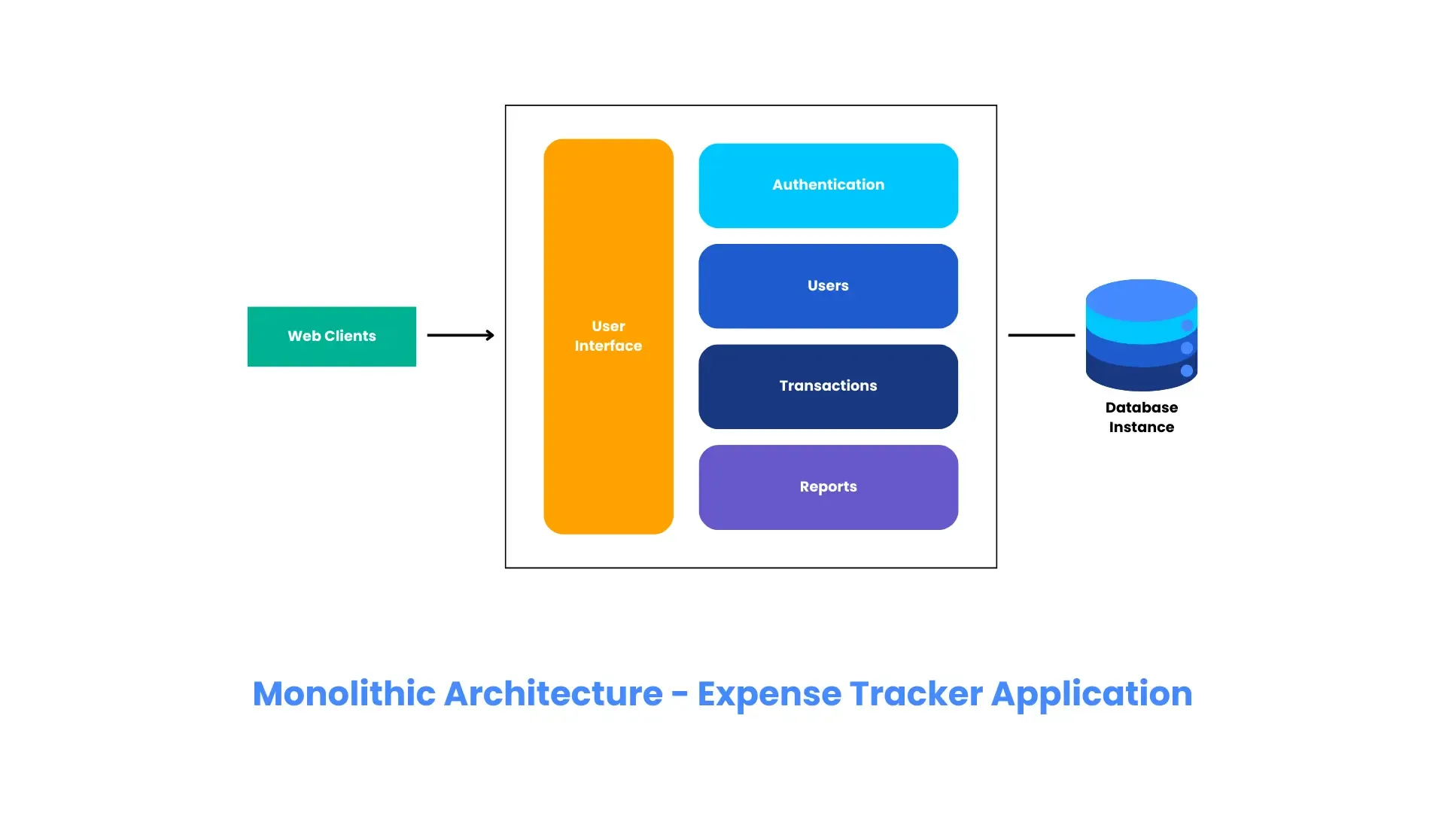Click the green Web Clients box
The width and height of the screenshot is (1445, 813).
coord(331,336)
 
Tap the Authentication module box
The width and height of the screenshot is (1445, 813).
coord(828,185)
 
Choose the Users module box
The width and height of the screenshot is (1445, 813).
coord(828,286)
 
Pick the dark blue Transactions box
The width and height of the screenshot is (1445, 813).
coord(828,386)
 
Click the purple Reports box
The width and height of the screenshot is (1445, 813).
coord(828,487)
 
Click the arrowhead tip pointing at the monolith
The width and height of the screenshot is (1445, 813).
coord(492,335)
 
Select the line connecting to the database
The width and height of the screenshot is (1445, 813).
coord(1041,335)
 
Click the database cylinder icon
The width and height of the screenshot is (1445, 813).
coord(1140,335)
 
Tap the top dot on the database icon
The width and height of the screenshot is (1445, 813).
coord(1187,325)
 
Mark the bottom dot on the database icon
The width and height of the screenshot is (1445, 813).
coord(1187,370)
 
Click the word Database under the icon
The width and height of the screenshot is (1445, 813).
coord(1141,407)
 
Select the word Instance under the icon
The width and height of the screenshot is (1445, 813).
coord(1141,428)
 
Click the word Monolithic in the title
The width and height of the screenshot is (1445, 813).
coord(344,693)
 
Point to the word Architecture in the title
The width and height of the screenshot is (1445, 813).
coord(553,693)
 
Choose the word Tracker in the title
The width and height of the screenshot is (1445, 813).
coord(915,693)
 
